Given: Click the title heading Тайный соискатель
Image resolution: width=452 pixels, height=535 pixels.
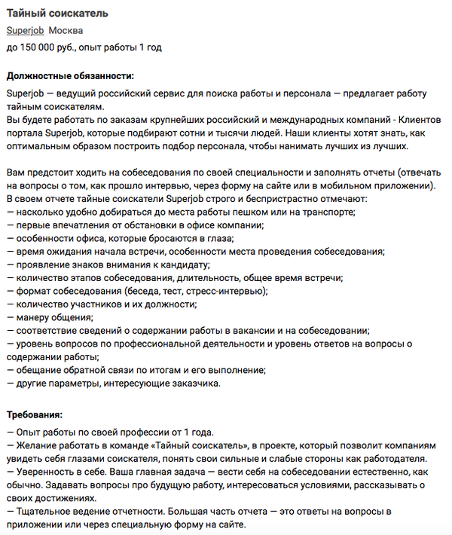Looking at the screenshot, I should click(x=57, y=14).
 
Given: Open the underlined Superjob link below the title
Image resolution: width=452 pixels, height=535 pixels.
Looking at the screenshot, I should click(x=25, y=30).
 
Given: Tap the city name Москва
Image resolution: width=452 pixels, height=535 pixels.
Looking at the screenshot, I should click(x=66, y=30).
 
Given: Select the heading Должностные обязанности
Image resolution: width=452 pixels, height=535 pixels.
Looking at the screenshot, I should click(x=70, y=76).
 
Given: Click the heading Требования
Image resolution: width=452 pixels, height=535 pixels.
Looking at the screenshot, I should click(x=35, y=415).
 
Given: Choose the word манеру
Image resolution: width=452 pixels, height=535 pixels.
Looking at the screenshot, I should click(x=33, y=317).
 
